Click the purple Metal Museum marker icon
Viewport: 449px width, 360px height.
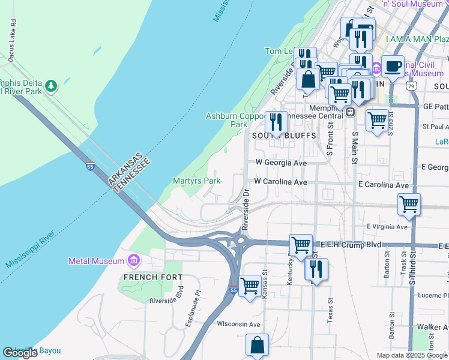click(x=133, y=261)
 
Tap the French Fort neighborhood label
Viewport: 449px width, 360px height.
click(x=144, y=277)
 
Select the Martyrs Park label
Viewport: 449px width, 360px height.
click(x=196, y=181)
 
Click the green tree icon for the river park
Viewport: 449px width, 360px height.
click(x=52, y=86)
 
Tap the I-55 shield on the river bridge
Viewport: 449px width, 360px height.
click(x=89, y=166)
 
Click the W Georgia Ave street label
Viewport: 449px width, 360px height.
click(x=281, y=163)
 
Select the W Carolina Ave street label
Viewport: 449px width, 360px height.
click(x=280, y=182)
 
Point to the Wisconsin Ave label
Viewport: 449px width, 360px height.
click(x=238, y=324)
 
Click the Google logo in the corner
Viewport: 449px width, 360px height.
click(x=20, y=353)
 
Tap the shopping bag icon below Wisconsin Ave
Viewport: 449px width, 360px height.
click(x=257, y=345)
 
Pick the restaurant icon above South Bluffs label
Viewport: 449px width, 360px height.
click(x=276, y=122)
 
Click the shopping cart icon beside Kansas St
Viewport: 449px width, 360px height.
click(x=250, y=284)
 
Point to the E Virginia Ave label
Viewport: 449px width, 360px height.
click(x=387, y=227)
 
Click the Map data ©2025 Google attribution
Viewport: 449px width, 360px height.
click(x=412, y=355)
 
